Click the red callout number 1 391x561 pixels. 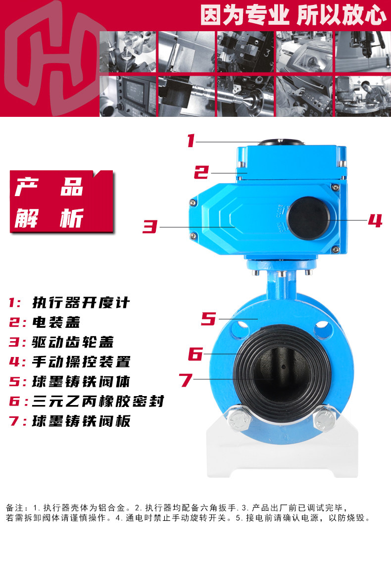coord(191,141)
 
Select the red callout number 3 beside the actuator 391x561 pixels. coord(149,226)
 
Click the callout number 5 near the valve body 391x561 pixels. coord(208,318)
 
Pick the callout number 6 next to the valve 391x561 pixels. coord(195,354)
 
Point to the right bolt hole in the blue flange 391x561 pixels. coord(322,326)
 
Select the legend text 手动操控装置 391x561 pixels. coord(81,361)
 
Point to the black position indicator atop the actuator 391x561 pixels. coord(281,143)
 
